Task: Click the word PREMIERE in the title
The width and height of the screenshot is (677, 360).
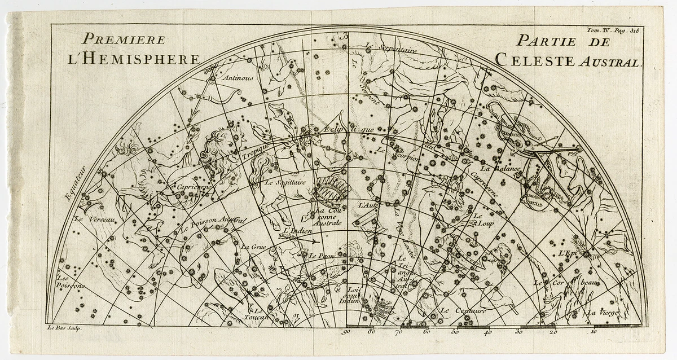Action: [124, 39]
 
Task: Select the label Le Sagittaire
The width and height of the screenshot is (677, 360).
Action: [285, 182]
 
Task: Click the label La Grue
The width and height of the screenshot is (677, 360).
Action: [252, 247]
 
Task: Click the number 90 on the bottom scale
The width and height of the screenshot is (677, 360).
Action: [346, 332]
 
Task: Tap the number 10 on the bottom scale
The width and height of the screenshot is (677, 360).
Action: [593, 332]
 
